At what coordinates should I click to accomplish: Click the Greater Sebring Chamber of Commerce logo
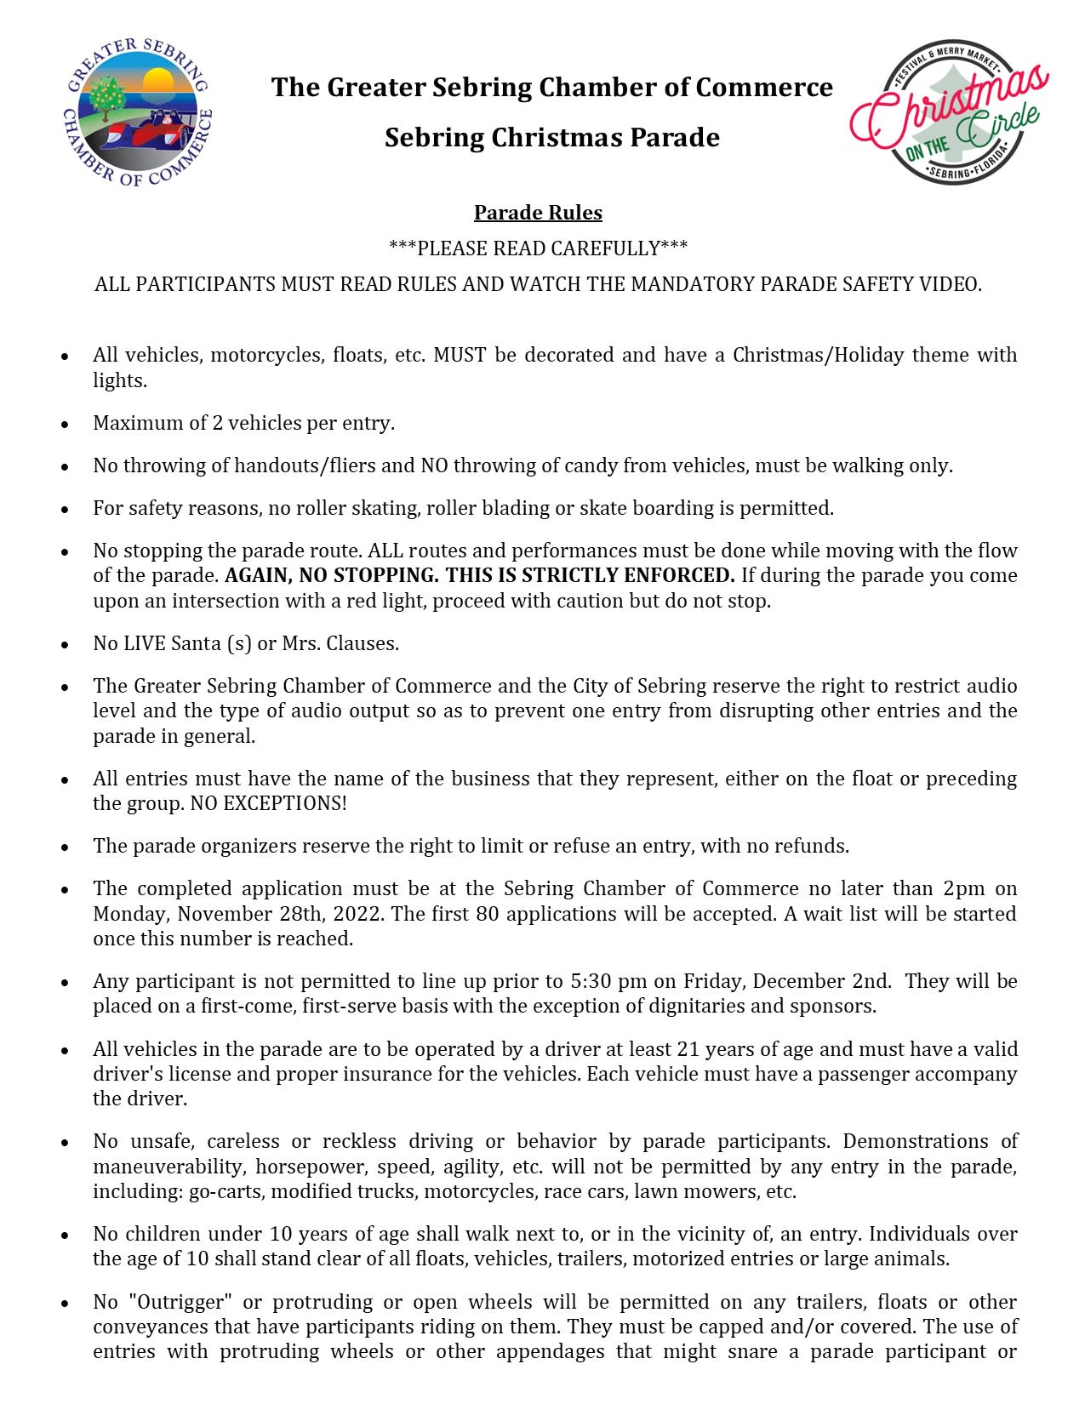point(139,111)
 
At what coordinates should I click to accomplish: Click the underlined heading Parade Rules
point(538,213)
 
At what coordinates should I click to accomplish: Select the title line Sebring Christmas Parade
point(551,137)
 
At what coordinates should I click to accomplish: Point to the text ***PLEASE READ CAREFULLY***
point(538,248)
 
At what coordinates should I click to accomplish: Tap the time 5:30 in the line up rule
point(589,981)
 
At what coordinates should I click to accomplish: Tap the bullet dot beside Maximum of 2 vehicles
point(65,424)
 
